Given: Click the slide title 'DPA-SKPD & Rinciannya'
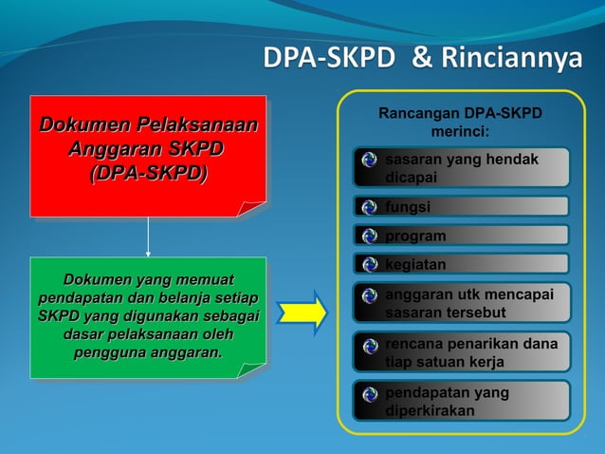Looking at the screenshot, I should (422, 59).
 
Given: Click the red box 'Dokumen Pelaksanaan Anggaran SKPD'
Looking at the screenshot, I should (147, 155).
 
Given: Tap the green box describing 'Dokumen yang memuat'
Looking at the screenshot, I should (147, 317).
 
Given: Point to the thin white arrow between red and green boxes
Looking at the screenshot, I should (148, 236).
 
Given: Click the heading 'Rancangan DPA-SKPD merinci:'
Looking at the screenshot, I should (460, 122).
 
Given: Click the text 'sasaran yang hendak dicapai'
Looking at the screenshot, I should (461, 168).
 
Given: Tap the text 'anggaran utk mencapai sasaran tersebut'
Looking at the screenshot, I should (468, 303).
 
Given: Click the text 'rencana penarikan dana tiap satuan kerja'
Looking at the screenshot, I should (470, 352).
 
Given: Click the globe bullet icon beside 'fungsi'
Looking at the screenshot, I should (370, 207).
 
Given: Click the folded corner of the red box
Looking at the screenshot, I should (253, 208).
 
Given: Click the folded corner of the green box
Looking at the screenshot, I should (253, 369).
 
